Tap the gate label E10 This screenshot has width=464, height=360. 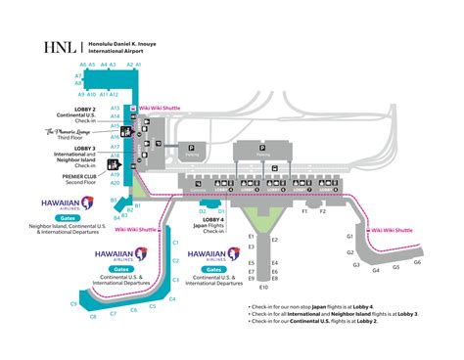point(262,288)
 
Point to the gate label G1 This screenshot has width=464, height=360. point(350,235)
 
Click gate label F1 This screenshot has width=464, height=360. point(304,210)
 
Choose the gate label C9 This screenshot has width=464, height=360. point(72,304)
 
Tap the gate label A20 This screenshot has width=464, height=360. point(115,183)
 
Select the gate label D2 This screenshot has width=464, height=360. point(202,210)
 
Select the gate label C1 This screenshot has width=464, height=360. point(174,230)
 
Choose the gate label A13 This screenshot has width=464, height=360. point(115,108)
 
